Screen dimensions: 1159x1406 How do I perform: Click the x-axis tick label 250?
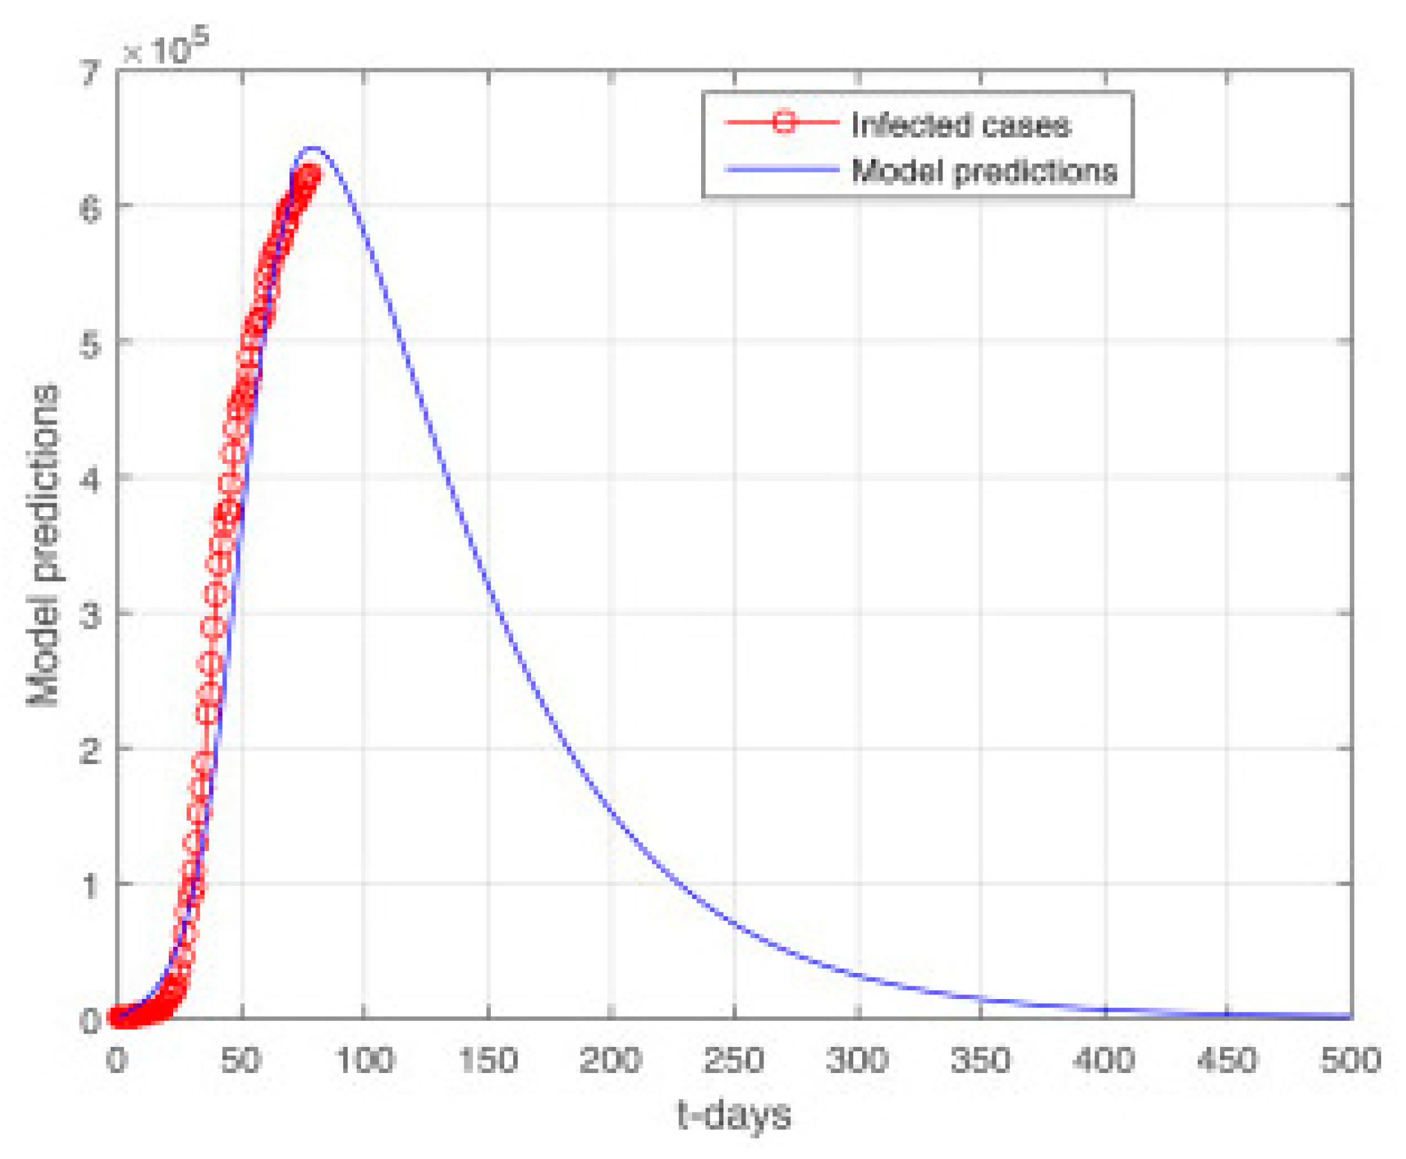[x=734, y=1060]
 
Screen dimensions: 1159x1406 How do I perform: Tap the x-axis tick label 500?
[x=1351, y=1060]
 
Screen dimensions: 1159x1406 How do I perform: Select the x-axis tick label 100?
[x=364, y=1060]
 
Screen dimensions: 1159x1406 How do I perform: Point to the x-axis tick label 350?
[x=981, y=1060]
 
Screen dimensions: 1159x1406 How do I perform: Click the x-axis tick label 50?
[x=241, y=1060]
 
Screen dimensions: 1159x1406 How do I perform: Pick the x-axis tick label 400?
[x=1104, y=1060]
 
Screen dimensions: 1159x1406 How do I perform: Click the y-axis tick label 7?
[x=90, y=72]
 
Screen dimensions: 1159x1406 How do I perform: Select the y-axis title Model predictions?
[x=43, y=544]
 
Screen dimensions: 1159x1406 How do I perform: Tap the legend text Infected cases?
[x=961, y=125]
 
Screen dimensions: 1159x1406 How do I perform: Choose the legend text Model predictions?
[x=984, y=171]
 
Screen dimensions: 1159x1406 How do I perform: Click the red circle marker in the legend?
[x=783, y=123]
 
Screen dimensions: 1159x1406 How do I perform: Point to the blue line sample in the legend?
[x=782, y=169]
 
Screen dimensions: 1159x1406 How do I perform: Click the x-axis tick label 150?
[x=488, y=1060]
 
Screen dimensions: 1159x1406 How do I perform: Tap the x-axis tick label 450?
[x=1228, y=1060]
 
